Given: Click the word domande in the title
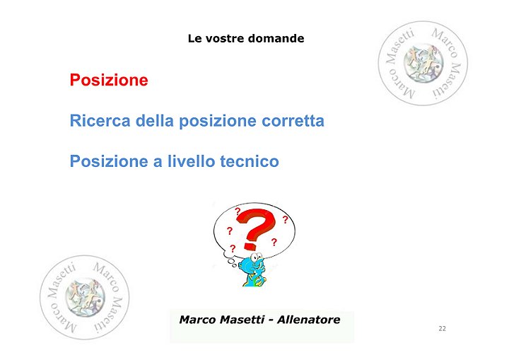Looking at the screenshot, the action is click(276, 38).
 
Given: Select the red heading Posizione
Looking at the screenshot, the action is click(109, 80).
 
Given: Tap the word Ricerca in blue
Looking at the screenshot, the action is click(100, 120).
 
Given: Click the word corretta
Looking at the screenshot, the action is click(293, 121).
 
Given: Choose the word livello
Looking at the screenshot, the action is click(191, 161).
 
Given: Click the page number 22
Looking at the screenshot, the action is click(442, 328).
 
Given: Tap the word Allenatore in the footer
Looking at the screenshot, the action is click(308, 320).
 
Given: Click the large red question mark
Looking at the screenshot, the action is click(256, 228).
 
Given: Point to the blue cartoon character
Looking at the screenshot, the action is click(254, 269).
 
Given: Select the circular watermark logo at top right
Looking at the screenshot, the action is click(423, 64).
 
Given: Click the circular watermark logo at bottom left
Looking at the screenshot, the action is click(84, 297).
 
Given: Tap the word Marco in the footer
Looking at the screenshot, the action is click(198, 320).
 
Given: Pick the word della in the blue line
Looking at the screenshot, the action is click(155, 120).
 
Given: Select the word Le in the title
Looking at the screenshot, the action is click(195, 38).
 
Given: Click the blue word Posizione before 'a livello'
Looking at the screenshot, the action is click(109, 161).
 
